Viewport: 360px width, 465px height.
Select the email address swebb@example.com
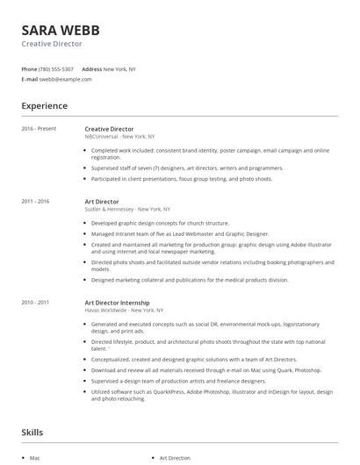click(66, 79)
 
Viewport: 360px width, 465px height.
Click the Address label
click(91, 69)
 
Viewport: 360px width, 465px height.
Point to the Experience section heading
click(45, 106)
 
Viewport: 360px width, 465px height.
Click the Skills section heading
click(32, 433)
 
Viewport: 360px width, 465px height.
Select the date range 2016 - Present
click(39, 129)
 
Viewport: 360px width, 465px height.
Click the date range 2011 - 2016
click(37, 202)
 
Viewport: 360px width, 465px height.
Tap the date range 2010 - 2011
click(37, 302)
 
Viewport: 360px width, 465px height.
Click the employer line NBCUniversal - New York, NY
click(119, 137)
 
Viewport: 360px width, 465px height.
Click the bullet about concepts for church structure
click(161, 223)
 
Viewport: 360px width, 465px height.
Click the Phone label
click(29, 69)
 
